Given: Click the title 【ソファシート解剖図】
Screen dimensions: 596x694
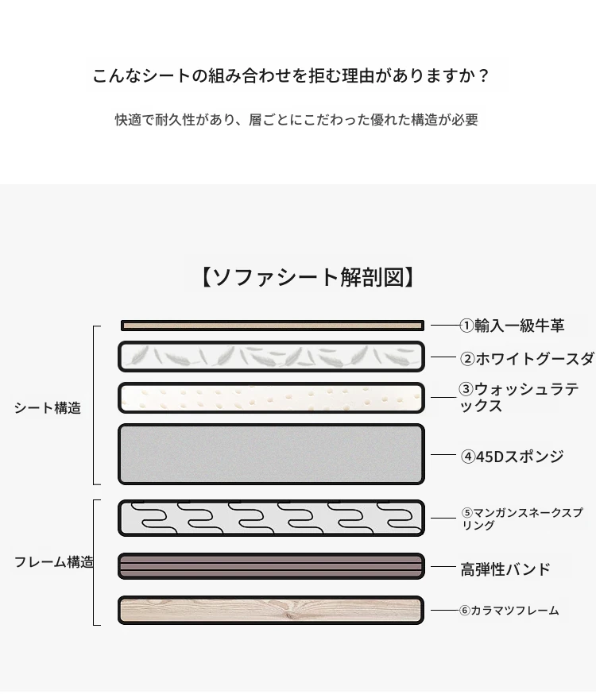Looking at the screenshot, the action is (x=308, y=277).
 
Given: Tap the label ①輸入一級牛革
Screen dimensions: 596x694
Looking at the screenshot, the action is (x=512, y=326).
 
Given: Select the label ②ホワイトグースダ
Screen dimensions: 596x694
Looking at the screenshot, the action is (x=527, y=359).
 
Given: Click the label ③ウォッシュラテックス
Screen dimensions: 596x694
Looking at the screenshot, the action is (x=518, y=398).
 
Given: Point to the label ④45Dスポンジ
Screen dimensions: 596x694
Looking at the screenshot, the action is (x=513, y=457).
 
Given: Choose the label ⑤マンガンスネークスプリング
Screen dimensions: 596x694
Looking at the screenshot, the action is (x=522, y=519).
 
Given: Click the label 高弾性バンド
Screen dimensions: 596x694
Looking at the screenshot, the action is (x=505, y=569).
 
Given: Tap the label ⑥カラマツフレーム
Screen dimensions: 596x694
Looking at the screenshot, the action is (x=509, y=611).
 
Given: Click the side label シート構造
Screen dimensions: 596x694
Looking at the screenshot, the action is (x=48, y=407).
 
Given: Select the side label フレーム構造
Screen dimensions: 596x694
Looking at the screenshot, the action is (x=54, y=562).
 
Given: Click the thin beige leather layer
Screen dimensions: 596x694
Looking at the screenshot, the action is (x=273, y=326).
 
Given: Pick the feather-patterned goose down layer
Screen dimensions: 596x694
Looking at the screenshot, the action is (x=271, y=357).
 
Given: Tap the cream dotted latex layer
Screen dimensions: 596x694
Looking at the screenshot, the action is (x=271, y=398).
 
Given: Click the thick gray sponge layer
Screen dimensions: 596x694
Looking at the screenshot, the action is (x=271, y=454).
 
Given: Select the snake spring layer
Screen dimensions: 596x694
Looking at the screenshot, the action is (x=271, y=518).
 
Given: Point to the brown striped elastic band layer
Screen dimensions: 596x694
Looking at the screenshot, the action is (x=271, y=566).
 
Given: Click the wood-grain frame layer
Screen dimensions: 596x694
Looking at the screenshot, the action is (x=271, y=611).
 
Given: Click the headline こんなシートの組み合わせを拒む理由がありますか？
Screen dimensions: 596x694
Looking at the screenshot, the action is (x=291, y=75).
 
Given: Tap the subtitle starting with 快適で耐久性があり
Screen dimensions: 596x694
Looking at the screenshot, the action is (x=296, y=119).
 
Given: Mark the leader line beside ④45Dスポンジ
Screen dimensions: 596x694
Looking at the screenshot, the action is (x=443, y=454).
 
